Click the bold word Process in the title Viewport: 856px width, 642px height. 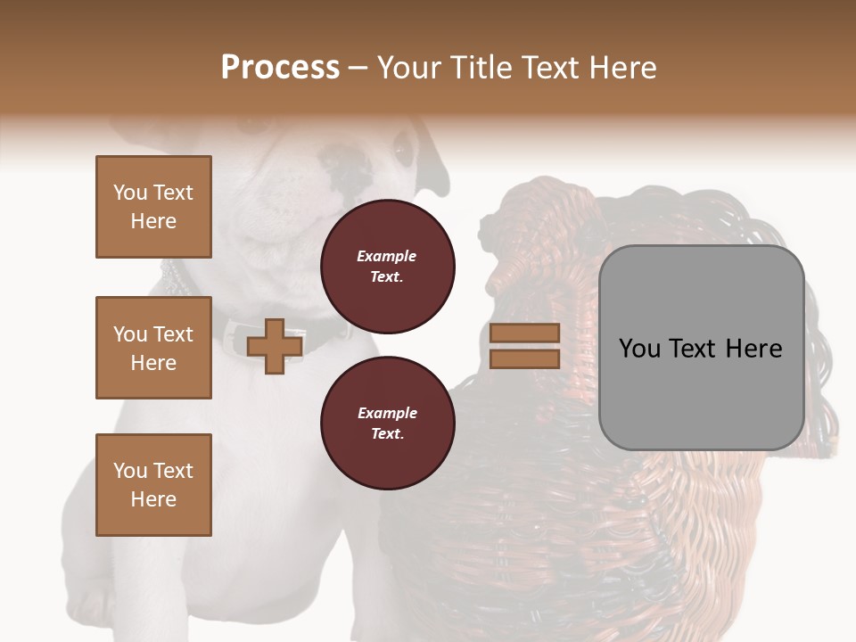280,68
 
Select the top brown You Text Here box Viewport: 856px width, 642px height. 153,207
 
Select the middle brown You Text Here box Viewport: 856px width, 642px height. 153,348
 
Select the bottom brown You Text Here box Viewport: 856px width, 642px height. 153,485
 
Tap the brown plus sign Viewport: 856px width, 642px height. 274,346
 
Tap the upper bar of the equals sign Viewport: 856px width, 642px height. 524,333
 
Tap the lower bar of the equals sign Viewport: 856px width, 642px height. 524,358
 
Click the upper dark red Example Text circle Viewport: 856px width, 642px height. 387,267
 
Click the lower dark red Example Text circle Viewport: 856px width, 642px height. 387,424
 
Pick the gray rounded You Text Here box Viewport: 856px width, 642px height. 701,348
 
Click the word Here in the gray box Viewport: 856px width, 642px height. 753,349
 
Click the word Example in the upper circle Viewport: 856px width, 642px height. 387,256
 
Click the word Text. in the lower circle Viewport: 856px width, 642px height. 387,434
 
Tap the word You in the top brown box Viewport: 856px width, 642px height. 129,193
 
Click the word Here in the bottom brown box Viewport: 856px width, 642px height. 153,499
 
